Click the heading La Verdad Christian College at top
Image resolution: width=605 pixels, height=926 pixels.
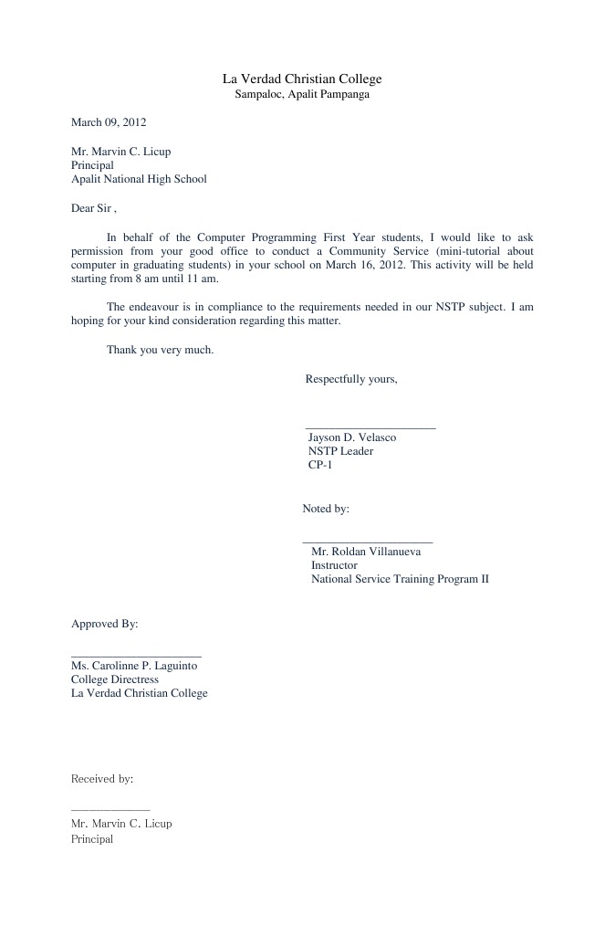point(302,79)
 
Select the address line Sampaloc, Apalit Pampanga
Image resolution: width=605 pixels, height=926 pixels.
point(302,94)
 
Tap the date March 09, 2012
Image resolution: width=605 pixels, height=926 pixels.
point(109,122)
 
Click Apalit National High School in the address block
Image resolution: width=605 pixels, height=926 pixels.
point(139,179)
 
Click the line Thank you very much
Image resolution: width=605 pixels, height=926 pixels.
point(160,350)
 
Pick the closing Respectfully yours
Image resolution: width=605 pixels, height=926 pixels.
point(351,379)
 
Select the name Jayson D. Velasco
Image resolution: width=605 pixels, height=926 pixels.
point(352,437)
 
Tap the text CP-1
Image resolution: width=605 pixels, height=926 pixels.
point(320,465)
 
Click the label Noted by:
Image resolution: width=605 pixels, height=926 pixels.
point(326,509)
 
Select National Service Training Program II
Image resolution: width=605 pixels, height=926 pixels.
point(400,579)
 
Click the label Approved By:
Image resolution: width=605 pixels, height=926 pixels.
point(105,624)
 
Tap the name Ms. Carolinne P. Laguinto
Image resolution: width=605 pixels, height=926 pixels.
point(134,666)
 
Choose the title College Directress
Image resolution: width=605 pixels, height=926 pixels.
point(115,679)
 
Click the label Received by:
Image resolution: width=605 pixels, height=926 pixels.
point(102,779)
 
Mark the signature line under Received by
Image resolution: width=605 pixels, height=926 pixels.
point(110,809)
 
